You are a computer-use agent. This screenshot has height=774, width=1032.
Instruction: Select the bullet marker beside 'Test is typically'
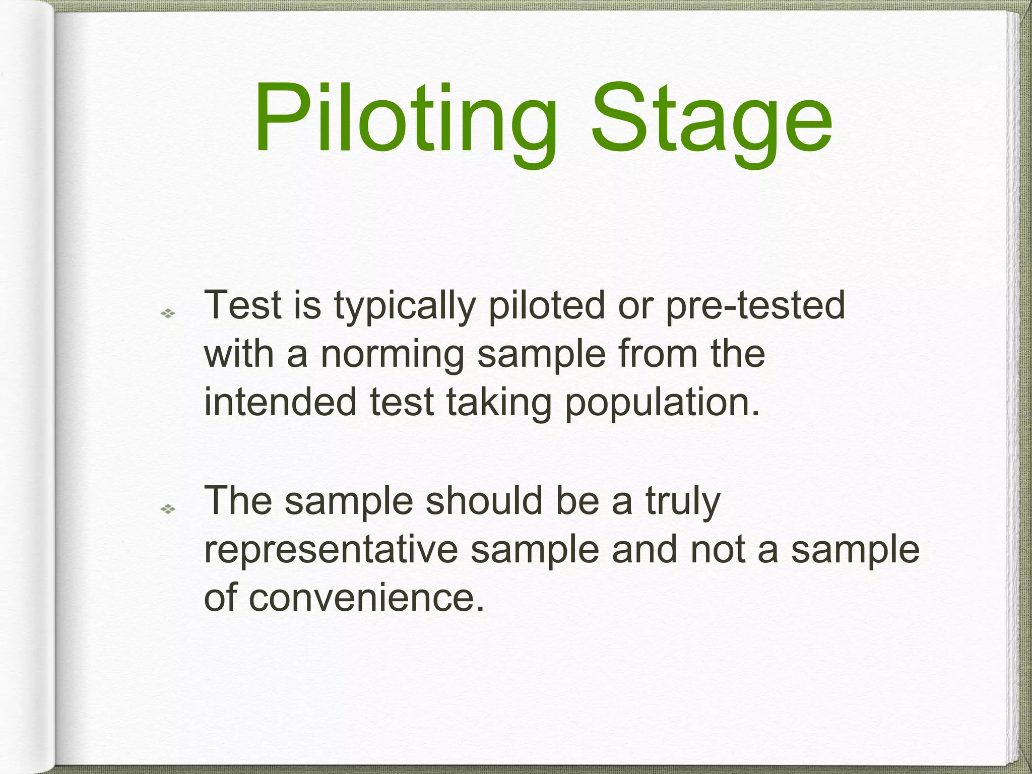pyautogui.click(x=167, y=314)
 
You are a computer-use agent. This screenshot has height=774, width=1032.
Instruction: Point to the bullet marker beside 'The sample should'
pyautogui.click(x=167, y=509)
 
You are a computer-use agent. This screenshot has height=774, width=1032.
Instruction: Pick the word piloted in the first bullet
pyautogui.click(x=547, y=305)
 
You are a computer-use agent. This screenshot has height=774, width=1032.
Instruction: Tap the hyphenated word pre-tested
pyautogui.click(x=755, y=305)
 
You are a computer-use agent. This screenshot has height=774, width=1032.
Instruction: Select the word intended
pyautogui.click(x=280, y=402)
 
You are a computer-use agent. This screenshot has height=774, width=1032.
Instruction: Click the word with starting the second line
pyautogui.click(x=239, y=354)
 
